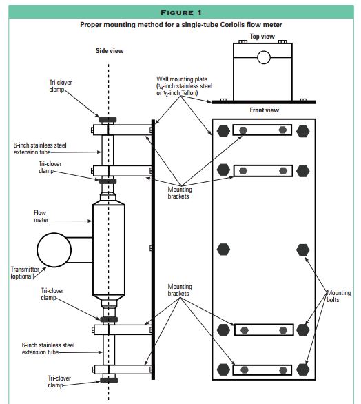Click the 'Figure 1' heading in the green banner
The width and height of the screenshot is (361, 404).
[181, 12]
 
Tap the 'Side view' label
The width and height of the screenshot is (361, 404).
[110, 51]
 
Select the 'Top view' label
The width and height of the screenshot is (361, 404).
[262, 37]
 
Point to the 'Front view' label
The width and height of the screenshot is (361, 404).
[264, 110]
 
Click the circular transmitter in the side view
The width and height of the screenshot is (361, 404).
[54, 250]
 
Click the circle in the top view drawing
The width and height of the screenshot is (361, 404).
[264, 57]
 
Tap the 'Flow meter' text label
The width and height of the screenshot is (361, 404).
[41, 216]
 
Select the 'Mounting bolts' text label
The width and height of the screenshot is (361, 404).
[338, 296]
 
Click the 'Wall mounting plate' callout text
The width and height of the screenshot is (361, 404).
[185, 86]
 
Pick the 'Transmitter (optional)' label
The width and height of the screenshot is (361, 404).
[25, 273]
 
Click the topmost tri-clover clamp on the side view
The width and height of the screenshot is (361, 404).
[107, 119]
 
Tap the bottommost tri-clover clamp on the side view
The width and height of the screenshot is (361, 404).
[109, 380]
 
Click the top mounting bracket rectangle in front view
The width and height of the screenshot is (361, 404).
[262, 130]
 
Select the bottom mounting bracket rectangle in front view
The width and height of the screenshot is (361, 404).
[262, 370]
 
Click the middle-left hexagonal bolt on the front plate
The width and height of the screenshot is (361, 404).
[223, 250]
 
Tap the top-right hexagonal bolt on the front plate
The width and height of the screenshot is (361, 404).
[302, 131]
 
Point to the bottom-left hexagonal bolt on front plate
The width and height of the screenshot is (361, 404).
[223, 370]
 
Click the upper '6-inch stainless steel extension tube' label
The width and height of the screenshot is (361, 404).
[40, 149]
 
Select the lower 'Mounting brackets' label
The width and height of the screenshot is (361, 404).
[180, 290]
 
